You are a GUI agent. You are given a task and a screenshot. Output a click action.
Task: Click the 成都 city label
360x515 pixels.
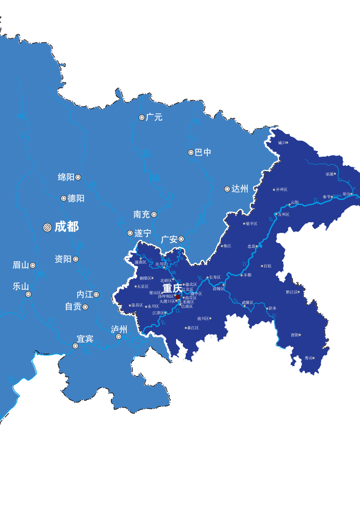coord(66,227)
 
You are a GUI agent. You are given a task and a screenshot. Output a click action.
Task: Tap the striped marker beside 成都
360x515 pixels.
coord(47,227)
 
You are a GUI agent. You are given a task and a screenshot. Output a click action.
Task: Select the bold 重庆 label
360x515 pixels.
coord(172,288)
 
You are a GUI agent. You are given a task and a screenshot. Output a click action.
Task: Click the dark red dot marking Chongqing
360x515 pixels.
coord(178,297)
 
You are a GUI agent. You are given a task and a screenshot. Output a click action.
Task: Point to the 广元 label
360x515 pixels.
coord(154,117)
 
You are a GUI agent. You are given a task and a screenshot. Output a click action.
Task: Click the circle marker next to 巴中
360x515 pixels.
coord(191,152)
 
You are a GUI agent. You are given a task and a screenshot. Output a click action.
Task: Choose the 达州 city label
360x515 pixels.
coord(240,189)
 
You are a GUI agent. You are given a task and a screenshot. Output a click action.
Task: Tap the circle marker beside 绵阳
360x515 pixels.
coord(78,177)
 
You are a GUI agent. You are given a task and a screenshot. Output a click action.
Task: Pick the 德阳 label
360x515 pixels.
coord(76,198)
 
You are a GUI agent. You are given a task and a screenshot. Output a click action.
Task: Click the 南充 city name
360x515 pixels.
coord(142,214)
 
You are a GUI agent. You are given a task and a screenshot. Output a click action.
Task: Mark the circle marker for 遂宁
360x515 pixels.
coord(130,233)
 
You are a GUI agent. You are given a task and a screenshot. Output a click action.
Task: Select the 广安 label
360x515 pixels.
coord(169,239)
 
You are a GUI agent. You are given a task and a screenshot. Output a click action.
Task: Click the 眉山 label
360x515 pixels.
coord(21,265)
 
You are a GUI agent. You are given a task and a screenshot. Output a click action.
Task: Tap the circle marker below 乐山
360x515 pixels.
coord(28,294)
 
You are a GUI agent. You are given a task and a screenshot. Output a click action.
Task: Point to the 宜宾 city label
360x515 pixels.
coord(85,339)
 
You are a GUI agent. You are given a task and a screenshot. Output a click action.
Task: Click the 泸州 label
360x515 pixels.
coord(119,329)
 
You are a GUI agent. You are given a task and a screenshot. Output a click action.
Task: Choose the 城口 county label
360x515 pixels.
coord(282,143)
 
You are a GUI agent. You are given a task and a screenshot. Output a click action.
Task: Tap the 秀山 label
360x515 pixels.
coord(308,358)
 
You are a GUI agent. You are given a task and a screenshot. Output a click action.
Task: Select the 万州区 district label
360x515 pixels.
coord(284,214)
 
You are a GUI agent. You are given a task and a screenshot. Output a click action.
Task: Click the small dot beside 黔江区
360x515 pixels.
coord(299,292)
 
